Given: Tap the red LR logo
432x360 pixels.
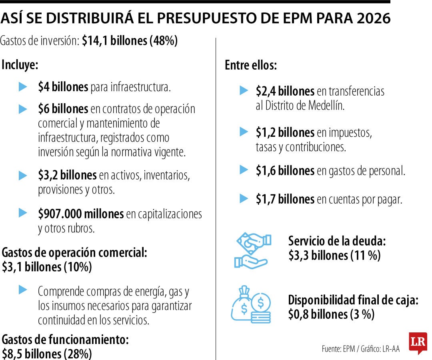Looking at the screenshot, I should [418, 342].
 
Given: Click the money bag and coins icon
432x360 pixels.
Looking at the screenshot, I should [251, 304].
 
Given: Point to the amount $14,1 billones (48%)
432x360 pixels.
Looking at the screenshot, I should [130, 41].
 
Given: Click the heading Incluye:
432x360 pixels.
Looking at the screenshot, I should [20, 65].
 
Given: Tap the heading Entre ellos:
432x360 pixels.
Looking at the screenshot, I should [251, 65].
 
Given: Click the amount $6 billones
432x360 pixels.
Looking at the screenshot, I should [63, 108].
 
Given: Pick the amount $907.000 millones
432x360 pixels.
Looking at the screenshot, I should [81, 214].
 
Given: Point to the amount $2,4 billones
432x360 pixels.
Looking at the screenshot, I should [285, 91].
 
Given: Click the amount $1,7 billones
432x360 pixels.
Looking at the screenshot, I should [285, 199].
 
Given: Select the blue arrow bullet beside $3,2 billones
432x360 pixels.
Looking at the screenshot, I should [23, 175].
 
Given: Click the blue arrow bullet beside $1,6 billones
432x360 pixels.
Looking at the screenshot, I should [244, 170].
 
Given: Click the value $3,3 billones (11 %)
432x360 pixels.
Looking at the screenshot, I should [334, 255].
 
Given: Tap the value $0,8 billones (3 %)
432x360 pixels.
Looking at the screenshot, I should [331, 314].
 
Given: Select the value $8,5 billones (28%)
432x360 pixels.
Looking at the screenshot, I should [47, 354].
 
